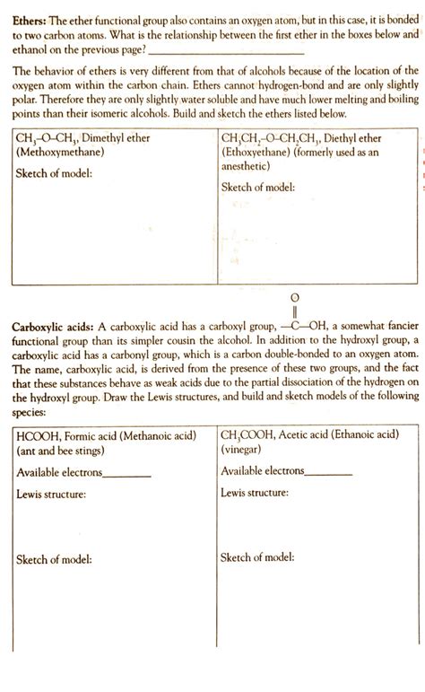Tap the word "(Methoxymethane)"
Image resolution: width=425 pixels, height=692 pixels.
pos(56,153)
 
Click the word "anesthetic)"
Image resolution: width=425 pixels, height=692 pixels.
pos(251,167)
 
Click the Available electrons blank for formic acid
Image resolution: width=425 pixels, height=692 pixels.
pos(126,448)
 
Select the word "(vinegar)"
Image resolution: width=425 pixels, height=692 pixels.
pos(244,426)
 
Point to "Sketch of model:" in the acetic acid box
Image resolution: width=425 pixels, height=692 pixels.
pos(258,557)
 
